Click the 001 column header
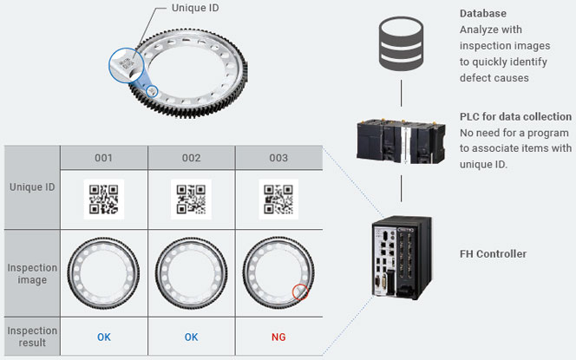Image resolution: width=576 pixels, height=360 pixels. (103, 158)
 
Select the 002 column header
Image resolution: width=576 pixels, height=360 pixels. (191, 158)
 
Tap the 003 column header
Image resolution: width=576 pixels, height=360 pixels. (278, 158)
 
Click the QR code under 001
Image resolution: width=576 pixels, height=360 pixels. (103, 199)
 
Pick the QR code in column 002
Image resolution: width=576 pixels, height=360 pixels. (191, 199)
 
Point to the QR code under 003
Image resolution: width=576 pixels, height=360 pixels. (278, 199)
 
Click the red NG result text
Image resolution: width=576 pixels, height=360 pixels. (278, 336)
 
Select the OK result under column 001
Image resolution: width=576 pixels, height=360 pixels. (103, 336)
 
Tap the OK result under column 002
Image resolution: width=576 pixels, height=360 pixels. (191, 336)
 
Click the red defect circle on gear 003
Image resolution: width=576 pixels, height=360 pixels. (300, 291)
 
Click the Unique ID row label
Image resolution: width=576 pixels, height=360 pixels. (33, 187)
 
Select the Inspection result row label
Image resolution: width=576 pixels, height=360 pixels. (33, 336)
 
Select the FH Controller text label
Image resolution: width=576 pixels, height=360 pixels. (493, 254)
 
